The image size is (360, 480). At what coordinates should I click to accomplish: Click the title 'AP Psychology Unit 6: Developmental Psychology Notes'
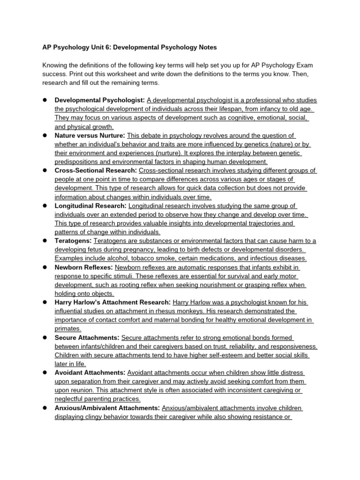point(129,47)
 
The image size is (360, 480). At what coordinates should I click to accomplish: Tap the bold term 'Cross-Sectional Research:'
point(96,171)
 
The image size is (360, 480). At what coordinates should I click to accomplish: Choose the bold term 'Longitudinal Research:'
point(90,206)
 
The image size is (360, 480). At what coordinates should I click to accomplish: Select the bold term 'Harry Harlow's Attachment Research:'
point(112,302)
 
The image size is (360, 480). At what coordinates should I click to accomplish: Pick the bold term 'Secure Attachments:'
point(87,337)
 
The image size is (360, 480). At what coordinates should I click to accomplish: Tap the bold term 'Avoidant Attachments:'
point(90,373)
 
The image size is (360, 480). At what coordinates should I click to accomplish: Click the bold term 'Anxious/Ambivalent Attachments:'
point(107,408)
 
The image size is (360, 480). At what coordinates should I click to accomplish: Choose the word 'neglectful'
point(71,399)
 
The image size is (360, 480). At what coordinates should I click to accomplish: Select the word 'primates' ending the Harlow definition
point(67,329)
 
